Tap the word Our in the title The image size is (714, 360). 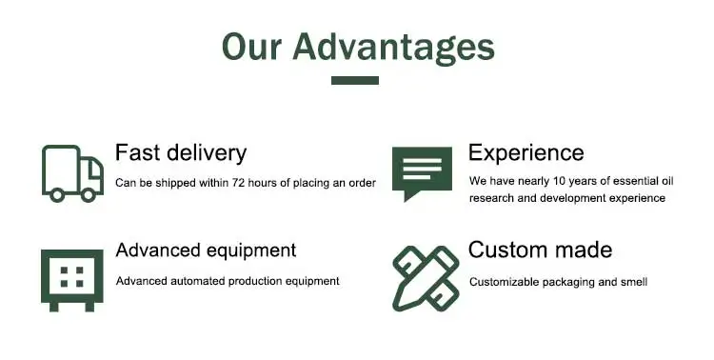coord(252,47)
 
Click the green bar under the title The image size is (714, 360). coord(355,80)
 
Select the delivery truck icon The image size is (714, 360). coord(72,173)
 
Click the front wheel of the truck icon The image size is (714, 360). coord(88,195)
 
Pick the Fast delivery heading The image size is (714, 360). coord(181,153)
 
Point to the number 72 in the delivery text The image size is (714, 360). coord(239,183)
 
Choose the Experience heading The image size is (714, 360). coord(526,153)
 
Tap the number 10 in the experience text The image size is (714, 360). coord(559,181)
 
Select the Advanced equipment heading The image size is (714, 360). coord(206,250)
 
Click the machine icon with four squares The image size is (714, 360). coord(72,280)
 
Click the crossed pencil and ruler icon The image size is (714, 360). coord(426,279)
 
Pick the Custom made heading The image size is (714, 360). coord(540,250)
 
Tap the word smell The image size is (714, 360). coord(634,282)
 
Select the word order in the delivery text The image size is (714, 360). coord(363,183)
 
